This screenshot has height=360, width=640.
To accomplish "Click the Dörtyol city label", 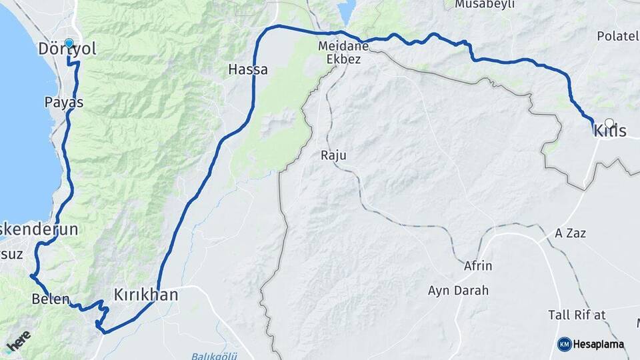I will pos(67,49).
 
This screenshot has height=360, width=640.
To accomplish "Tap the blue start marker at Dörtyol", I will pos(69,43).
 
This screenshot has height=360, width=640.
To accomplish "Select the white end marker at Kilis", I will pos(609,123).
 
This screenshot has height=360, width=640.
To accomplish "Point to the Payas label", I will pos(64,103).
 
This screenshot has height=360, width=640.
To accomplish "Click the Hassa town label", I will pos(248,69).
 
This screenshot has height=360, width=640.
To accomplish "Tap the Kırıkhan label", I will pos(146,294).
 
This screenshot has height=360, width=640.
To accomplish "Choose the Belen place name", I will pos(51,299).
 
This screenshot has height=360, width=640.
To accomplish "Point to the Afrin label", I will pos(478,266).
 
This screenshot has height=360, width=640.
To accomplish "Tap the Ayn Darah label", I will pos(459,291).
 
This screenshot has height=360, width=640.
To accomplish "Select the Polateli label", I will pos(618,35).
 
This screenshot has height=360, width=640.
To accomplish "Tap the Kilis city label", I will pos(610,131).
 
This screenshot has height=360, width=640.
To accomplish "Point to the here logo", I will pos(18,341).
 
